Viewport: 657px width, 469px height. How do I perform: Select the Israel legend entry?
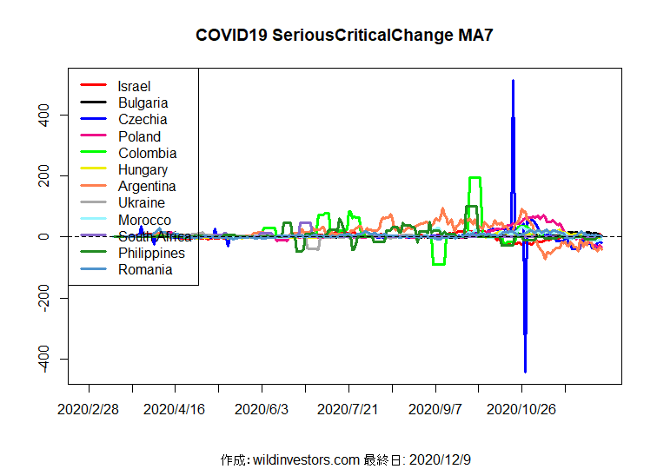[x=134, y=86]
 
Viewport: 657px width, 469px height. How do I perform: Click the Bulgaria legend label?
[x=143, y=102]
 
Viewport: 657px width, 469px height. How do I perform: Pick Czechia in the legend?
[x=143, y=119]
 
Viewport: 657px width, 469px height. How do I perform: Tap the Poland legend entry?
[x=139, y=136]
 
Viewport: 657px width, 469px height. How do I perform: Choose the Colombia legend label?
[x=147, y=153]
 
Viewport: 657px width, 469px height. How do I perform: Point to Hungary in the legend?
[x=143, y=169]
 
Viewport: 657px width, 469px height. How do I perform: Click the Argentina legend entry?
[x=147, y=186]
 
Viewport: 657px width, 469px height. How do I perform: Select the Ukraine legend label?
[x=142, y=202]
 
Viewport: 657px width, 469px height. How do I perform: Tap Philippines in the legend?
[x=151, y=253]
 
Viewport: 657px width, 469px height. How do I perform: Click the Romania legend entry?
[x=145, y=269]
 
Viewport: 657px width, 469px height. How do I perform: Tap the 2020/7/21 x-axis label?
[x=348, y=407]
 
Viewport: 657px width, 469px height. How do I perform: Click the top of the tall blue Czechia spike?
[x=513, y=81]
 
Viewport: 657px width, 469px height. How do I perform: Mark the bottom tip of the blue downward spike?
[x=525, y=371]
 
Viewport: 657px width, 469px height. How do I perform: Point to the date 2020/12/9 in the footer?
[x=439, y=459]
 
